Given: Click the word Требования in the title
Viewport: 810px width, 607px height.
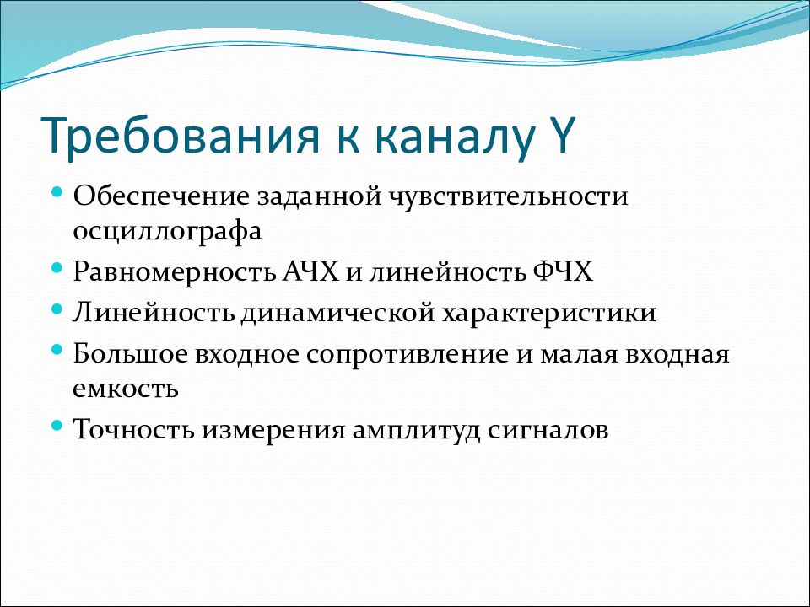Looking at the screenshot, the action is tap(179, 137).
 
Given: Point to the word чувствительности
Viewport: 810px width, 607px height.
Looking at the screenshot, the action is tap(509, 196).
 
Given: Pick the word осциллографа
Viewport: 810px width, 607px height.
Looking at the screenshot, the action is tap(167, 231).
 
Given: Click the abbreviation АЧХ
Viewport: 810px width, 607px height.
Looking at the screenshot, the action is tap(310, 271).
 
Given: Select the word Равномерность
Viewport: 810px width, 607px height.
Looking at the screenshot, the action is tap(174, 272).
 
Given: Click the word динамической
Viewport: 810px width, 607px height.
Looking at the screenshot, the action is tap(337, 312).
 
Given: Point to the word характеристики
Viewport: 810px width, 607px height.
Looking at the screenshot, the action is tap(548, 314).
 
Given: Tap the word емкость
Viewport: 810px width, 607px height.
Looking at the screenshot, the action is tap(126, 389).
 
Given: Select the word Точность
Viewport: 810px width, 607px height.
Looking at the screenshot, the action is tap(134, 429).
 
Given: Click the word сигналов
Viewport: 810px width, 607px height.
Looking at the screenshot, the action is tap(548, 429).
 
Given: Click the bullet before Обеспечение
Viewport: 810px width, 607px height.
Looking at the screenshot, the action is tap(57, 192).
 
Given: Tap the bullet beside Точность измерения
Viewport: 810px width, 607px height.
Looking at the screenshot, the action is tap(57, 425).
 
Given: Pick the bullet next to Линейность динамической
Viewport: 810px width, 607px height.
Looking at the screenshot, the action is tap(57, 309).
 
